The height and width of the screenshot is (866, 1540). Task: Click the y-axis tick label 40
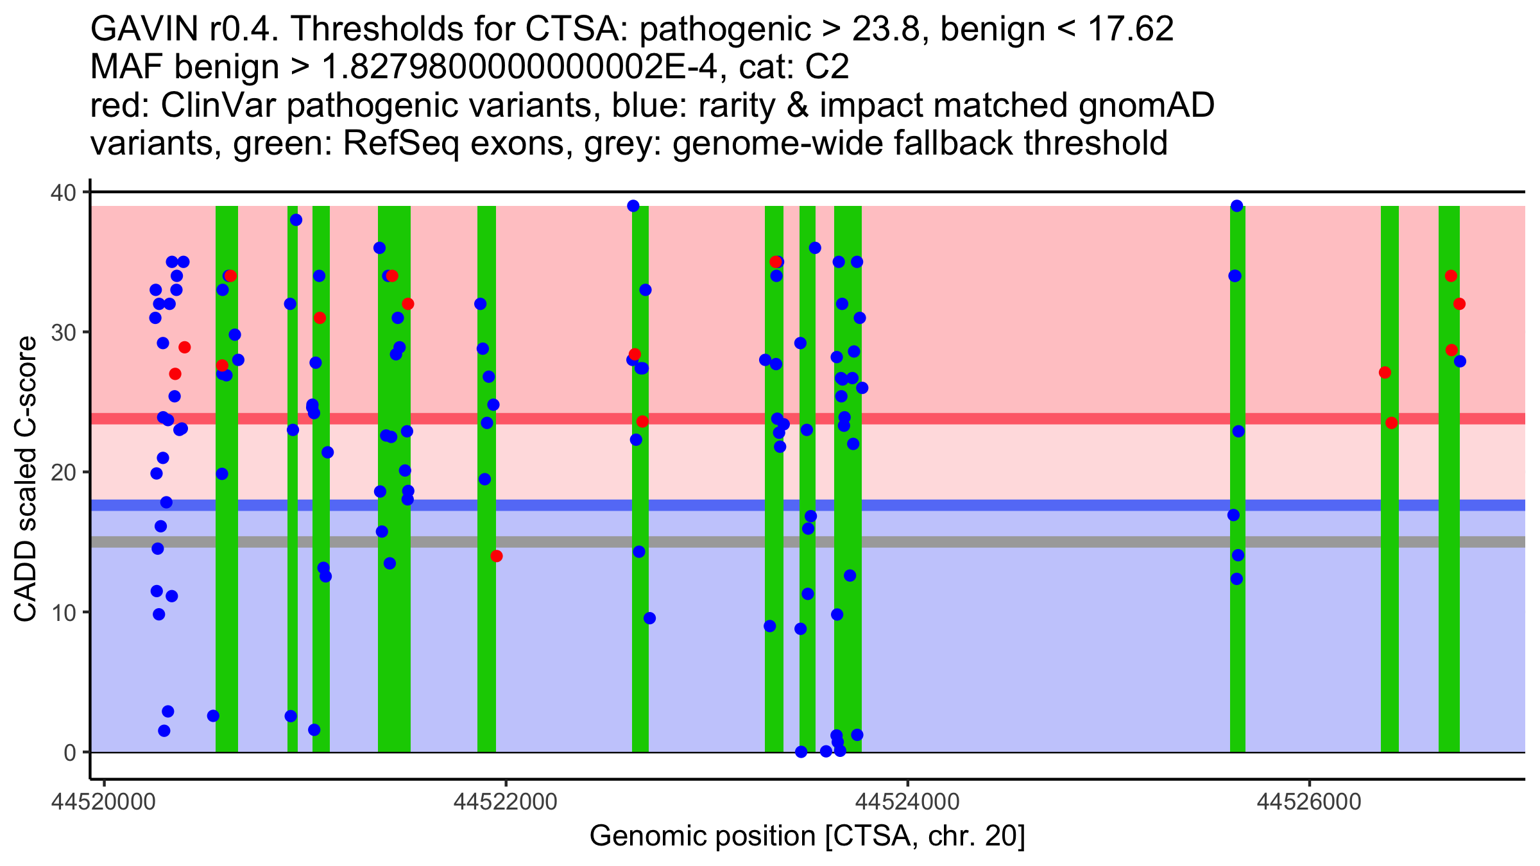click(63, 192)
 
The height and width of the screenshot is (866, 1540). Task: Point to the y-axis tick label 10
click(63, 613)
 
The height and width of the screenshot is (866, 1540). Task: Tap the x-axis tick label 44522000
click(506, 801)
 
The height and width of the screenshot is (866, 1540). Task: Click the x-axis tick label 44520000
click(105, 801)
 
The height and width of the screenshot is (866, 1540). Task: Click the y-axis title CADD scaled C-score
click(26, 479)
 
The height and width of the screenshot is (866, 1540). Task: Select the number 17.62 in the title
click(1129, 30)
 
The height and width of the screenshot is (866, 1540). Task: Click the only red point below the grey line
click(496, 556)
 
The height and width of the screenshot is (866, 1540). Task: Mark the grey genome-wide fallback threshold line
click(1027, 542)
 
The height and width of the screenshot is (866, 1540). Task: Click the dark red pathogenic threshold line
click(1027, 418)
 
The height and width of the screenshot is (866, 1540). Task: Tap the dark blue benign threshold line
click(1027, 505)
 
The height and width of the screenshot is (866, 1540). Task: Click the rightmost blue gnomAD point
click(1460, 361)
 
